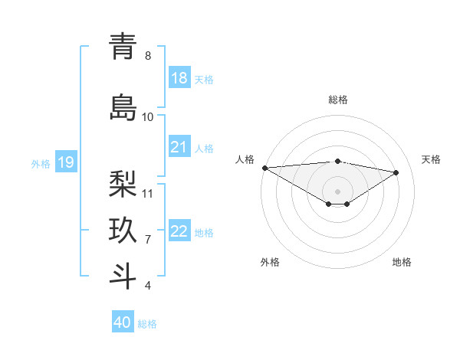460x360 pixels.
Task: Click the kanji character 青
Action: point(123,47)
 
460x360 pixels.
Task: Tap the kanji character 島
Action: point(123,107)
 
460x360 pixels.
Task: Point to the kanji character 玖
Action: point(123,231)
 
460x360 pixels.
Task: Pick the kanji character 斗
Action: point(123,276)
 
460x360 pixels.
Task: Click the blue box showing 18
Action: point(179,78)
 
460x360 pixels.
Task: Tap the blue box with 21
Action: point(179,147)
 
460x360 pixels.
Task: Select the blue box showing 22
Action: point(179,231)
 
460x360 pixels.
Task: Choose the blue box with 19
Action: point(66,162)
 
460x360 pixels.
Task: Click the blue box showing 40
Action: point(123,322)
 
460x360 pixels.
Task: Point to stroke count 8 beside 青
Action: point(148,56)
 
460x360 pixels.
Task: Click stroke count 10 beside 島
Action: point(148,116)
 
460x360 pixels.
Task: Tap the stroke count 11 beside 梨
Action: point(148,193)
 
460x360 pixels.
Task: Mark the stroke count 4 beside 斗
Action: point(148,286)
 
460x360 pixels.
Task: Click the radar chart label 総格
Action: point(337,99)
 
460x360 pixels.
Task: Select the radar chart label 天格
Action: point(432,159)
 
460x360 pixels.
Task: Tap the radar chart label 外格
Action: point(270,262)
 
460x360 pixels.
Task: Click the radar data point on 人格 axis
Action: point(264,167)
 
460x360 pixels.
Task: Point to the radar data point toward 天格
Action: point(396,172)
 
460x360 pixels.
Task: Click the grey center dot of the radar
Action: point(337,191)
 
